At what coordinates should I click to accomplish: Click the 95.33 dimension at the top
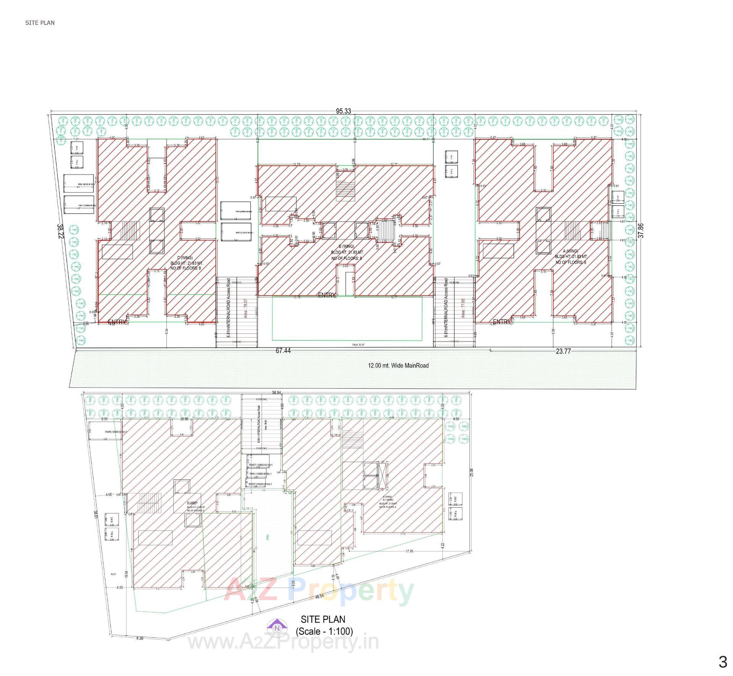(x=343, y=111)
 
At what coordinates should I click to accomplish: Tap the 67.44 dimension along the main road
(x=283, y=351)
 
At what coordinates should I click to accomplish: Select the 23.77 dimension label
(x=563, y=351)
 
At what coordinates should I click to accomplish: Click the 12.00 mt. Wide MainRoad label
(x=398, y=365)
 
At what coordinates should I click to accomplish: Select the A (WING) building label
(x=570, y=251)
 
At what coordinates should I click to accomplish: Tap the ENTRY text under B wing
(x=327, y=295)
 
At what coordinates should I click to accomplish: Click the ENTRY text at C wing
(x=117, y=322)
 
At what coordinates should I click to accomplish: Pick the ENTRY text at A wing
(x=502, y=322)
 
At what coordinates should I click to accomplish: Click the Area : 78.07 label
(x=246, y=309)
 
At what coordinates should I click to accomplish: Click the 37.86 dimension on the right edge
(x=641, y=231)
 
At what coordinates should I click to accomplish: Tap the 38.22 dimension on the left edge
(x=60, y=231)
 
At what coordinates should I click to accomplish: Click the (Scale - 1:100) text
(x=324, y=631)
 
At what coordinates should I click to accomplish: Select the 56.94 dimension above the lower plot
(x=276, y=393)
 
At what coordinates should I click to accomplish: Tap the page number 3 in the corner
(x=722, y=661)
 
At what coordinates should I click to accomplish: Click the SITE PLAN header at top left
(x=40, y=23)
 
